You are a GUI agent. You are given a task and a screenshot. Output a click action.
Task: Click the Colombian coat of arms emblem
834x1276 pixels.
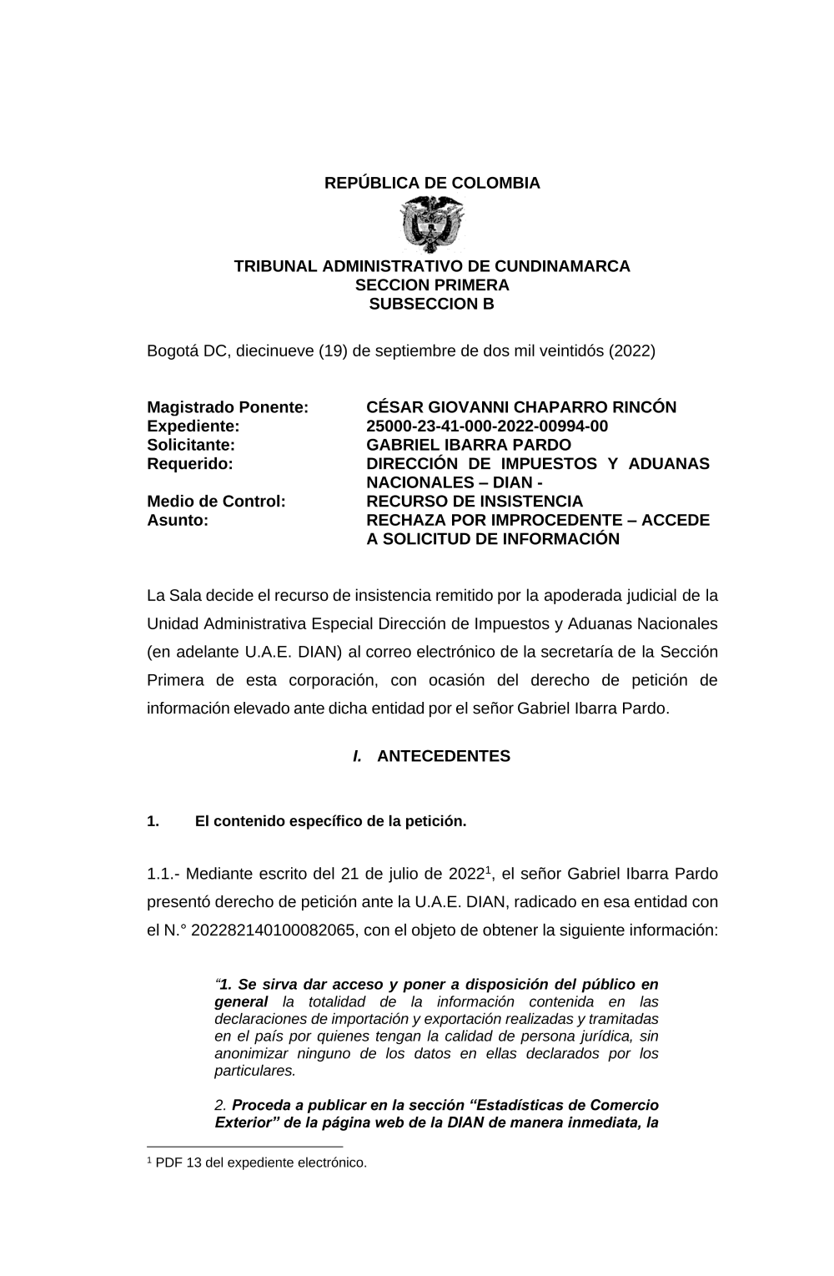432,224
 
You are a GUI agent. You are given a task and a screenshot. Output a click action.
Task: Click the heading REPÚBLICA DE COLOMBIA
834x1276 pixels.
432,183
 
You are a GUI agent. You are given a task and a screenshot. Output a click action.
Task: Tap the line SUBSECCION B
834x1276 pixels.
432,304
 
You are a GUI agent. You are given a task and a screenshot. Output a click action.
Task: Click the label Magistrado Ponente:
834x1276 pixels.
228,407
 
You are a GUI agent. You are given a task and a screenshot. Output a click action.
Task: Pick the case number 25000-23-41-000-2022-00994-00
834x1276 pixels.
487,426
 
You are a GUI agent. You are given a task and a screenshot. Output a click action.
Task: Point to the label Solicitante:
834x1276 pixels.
191,445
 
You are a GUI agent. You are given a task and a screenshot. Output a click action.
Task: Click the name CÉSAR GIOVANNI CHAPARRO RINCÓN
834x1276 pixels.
521,407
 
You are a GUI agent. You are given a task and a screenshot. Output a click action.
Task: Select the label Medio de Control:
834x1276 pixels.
216,502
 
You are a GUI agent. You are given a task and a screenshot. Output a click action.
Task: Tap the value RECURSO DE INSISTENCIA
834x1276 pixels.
475,502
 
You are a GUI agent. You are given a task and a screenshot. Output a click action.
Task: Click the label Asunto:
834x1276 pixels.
178,520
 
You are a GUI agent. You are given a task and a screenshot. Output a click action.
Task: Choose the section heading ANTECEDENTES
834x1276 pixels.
443,756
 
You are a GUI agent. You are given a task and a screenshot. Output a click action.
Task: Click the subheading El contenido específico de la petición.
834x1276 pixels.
330,821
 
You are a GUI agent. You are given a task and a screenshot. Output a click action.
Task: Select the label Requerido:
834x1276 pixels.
189,464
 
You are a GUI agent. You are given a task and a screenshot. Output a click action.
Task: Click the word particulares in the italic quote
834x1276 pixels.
254,1071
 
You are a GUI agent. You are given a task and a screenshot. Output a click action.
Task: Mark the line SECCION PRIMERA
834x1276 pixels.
432,285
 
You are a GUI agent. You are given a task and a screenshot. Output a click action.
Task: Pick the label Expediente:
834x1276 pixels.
193,426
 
